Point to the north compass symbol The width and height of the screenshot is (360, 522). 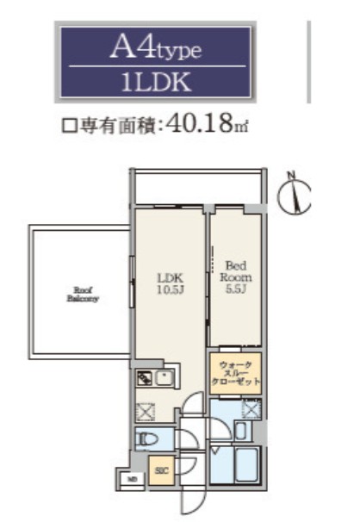(295, 196)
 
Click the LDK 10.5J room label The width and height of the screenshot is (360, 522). (168, 283)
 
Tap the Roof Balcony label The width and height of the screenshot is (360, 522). (83, 295)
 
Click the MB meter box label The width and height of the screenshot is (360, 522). (132, 478)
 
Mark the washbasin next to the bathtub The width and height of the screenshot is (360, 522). (242, 431)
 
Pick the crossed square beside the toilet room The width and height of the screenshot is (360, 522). (144, 412)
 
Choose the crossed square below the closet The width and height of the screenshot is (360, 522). (251, 408)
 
